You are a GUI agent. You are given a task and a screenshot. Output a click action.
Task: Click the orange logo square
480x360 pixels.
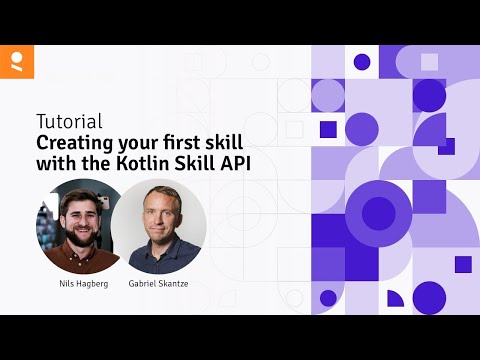click(17, 61)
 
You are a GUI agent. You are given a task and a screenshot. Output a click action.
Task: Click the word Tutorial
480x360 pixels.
click(69, 121)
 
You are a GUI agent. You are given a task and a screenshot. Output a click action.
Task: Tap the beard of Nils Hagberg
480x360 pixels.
click(78, 235)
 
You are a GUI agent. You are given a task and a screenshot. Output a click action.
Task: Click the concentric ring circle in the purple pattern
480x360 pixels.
click(378, 212)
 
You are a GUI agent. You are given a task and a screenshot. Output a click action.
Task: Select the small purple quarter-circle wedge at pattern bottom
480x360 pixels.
click(394, 298)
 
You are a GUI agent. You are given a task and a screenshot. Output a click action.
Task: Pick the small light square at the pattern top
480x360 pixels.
click(429, 62)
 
